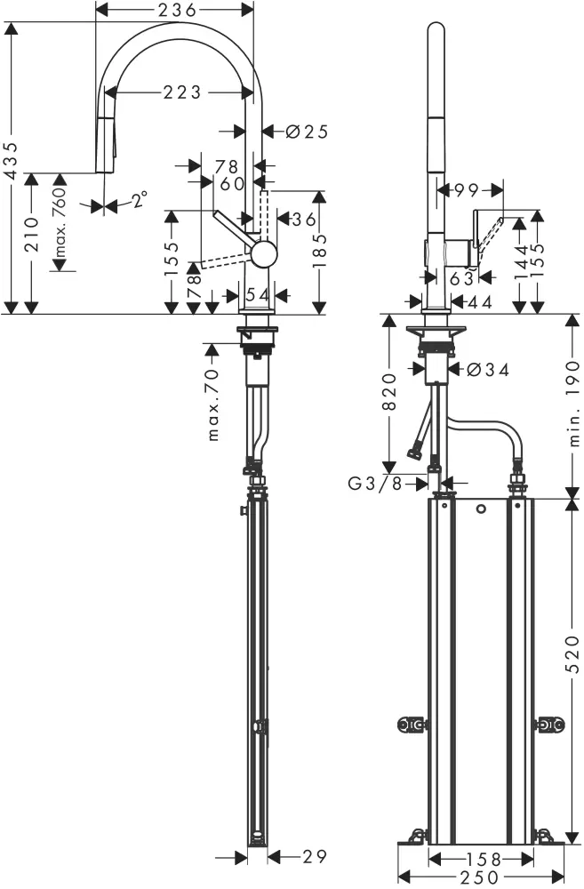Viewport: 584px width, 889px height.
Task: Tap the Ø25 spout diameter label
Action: [307, 132]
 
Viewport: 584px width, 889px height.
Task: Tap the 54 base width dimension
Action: [257, 294]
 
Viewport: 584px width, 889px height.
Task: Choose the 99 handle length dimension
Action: [466, 188]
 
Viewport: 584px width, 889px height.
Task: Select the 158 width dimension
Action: [481, 859]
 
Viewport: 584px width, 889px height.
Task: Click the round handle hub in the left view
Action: [264, 255]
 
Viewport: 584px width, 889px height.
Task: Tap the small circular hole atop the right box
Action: [481, 509]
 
